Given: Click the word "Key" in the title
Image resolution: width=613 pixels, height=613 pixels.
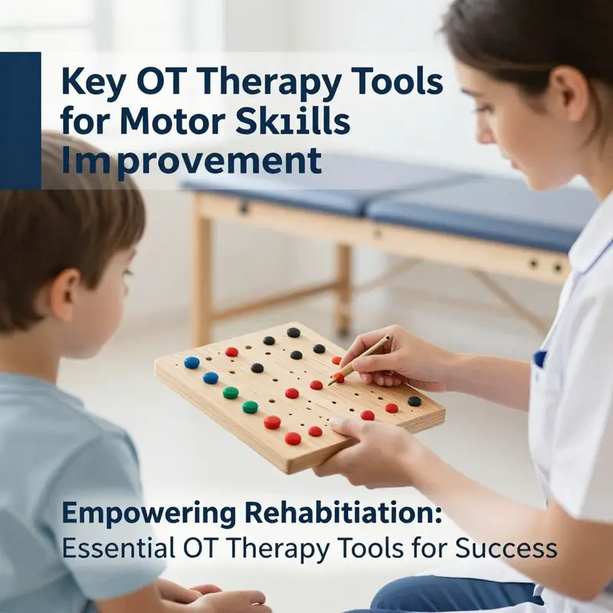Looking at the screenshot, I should pos(93,82).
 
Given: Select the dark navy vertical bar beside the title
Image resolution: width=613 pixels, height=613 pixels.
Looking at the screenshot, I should pos(20,120).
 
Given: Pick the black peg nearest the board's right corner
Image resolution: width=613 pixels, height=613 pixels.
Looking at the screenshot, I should pos(415,401).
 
